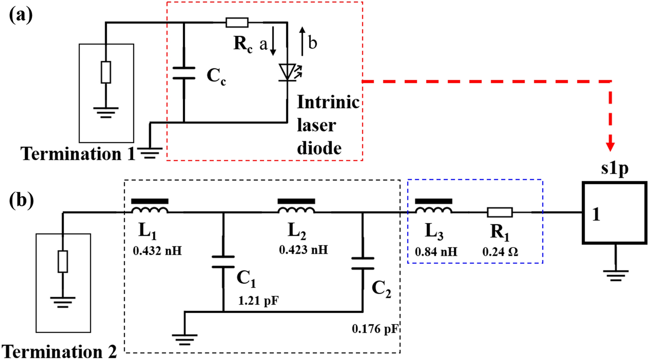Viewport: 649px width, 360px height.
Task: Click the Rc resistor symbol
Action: [x=237, y=23]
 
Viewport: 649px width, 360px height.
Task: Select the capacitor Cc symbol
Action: [x=184, y=73]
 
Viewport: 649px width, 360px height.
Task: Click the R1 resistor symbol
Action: [x=500, y=213]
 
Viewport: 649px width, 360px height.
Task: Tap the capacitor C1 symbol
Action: [x=223, y=262]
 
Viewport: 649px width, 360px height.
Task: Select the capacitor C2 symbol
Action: [x=363, y=263]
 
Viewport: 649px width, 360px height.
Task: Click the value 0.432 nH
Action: [x=157, y=251]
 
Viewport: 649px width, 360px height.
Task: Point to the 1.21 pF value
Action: [x=258, y=301]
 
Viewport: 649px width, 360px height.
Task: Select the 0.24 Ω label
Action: [x=500, y=252]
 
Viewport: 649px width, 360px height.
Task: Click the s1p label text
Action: [x=615, y=168]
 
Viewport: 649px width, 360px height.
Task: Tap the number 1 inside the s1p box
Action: [x=597, y=214]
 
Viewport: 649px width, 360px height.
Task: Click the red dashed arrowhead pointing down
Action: [x=611, y=145]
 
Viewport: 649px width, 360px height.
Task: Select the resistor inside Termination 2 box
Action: [x=63, y=262]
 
